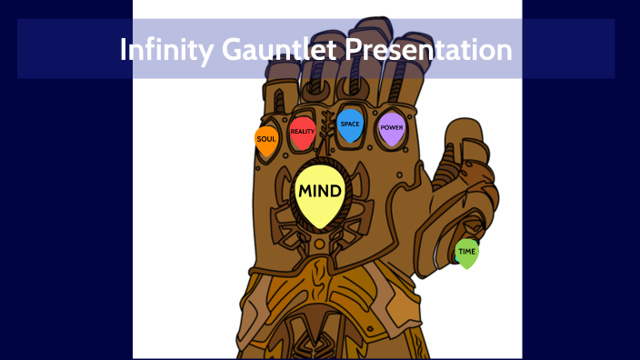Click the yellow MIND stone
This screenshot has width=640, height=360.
click(319, 195)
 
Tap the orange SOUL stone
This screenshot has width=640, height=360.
click(266, 141)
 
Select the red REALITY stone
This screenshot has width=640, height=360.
click(303, 134)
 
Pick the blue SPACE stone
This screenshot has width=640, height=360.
click(350, 126)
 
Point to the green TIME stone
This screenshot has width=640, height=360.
click(466, 254)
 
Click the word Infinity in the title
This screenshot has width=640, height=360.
click(166, 49)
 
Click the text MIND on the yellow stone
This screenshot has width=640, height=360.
click(319, 192)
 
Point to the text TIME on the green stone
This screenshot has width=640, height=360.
click(466, 252)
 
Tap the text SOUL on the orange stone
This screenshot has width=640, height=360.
click(266, 139)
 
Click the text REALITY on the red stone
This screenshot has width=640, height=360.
click(303, 132)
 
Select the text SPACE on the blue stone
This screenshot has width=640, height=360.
click(350, 124)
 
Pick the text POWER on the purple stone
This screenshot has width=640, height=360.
click(392, 128)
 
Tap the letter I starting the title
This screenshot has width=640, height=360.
click(124, 49)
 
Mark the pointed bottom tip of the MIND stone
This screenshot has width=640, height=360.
click(319, 227)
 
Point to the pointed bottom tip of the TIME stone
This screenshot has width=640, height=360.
click(466, 268)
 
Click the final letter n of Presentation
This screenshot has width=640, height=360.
click(505, 51)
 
